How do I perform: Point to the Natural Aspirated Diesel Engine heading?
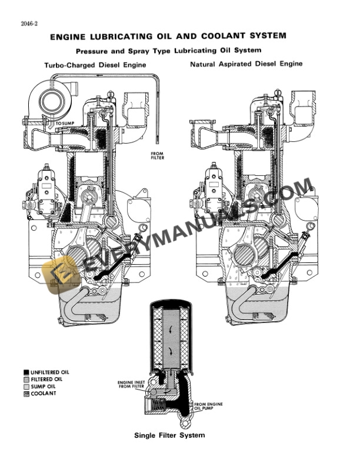246,64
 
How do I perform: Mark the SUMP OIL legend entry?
45,387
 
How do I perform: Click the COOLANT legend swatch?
26,394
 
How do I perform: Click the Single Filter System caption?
169,435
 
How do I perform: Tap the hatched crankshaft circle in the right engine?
242,257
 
